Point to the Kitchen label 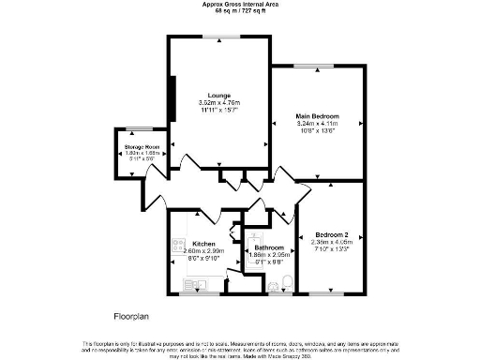click(x=204, y=243)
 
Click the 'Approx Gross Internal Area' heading click(x=239, y=4)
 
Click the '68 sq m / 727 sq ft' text click(x=239, y=11)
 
